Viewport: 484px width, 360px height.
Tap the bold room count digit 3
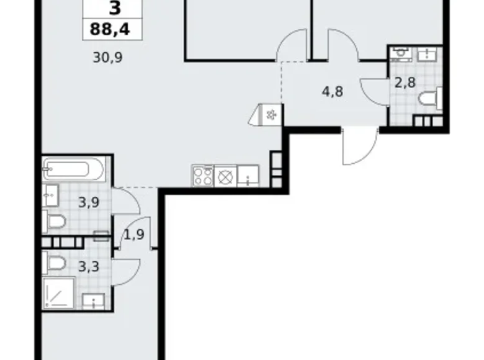pos(114,8)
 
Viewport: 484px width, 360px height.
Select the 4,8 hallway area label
pos(333,91)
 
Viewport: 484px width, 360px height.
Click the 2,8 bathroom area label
pos(405,83)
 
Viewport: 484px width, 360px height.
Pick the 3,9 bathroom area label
pos(89,202)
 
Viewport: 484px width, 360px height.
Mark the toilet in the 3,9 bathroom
pos(55,221)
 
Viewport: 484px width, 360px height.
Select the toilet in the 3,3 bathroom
pos(55,263)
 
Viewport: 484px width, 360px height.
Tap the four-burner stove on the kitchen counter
pos(202,176)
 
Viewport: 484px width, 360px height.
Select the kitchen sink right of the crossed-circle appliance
pos(248,176)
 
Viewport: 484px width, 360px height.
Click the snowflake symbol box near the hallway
pos(271,114)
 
